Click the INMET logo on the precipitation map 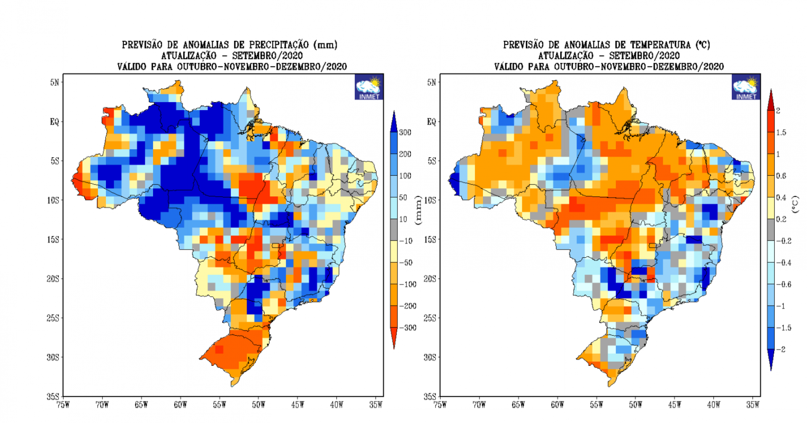click(x=369, y=87)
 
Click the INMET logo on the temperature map click(x=746, y=87)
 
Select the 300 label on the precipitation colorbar click(x=405, y=132)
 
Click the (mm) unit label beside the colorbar click(x=418, y=210)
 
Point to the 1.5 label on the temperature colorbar click(x=781, y=132)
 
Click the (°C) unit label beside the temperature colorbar click(x=795, y=204)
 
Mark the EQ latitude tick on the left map click(x=55, y=122)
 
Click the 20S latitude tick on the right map click(x=430, y=279)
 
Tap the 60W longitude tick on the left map click(x=180, y=404)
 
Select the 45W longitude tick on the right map click(x=675, y=404)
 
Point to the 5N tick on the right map click(x=431, y=82)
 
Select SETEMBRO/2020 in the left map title click(x=267, y=56)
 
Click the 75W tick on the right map click(x=440, y=404)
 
